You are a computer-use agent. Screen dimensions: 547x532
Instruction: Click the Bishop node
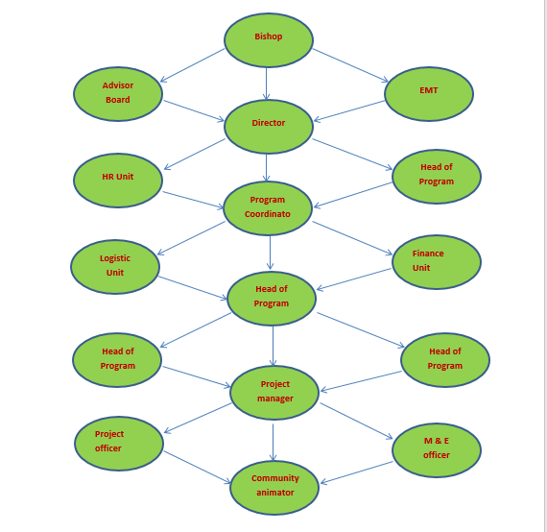[x=269, y=40]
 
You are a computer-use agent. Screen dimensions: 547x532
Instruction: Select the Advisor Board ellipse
[x=118, y=94]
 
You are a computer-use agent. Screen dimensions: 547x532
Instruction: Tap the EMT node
[x=429, y=94]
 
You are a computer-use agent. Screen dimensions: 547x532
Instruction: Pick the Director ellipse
[x=269, y=127]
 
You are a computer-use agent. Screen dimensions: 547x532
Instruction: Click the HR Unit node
[x=118, y=181]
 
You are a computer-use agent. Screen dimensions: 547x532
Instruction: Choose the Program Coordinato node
[x=268, y=208]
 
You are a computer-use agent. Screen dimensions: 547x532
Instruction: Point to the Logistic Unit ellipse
[x=115, y=267]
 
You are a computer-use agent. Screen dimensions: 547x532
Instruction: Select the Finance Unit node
[x=437, y=262]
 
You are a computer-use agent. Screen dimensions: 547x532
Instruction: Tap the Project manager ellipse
[x=274, y=393]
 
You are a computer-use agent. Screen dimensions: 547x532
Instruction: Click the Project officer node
[x=119, y=444]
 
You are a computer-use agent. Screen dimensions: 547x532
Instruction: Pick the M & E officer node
[x=437, y=450]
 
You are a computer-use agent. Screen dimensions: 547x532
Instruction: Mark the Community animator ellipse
[x=274, y=488]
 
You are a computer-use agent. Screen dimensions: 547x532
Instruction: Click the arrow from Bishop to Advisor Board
[x=192, y=65]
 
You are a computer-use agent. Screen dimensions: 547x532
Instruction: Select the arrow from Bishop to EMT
[x=350, y=65]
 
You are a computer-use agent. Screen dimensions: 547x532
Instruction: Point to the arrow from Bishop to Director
[x=267, y=84]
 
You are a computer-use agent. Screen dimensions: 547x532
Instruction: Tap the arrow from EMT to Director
[x=349, y=111]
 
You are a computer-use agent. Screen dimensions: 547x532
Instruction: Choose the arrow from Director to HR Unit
[x=195, y=155]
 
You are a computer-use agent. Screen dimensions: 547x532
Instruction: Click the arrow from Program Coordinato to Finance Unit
[x=352, y=238]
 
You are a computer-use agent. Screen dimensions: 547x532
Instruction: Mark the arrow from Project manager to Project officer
[x=198, y=418]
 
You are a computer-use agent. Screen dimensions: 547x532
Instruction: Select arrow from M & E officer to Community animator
[x=357, y=473]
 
